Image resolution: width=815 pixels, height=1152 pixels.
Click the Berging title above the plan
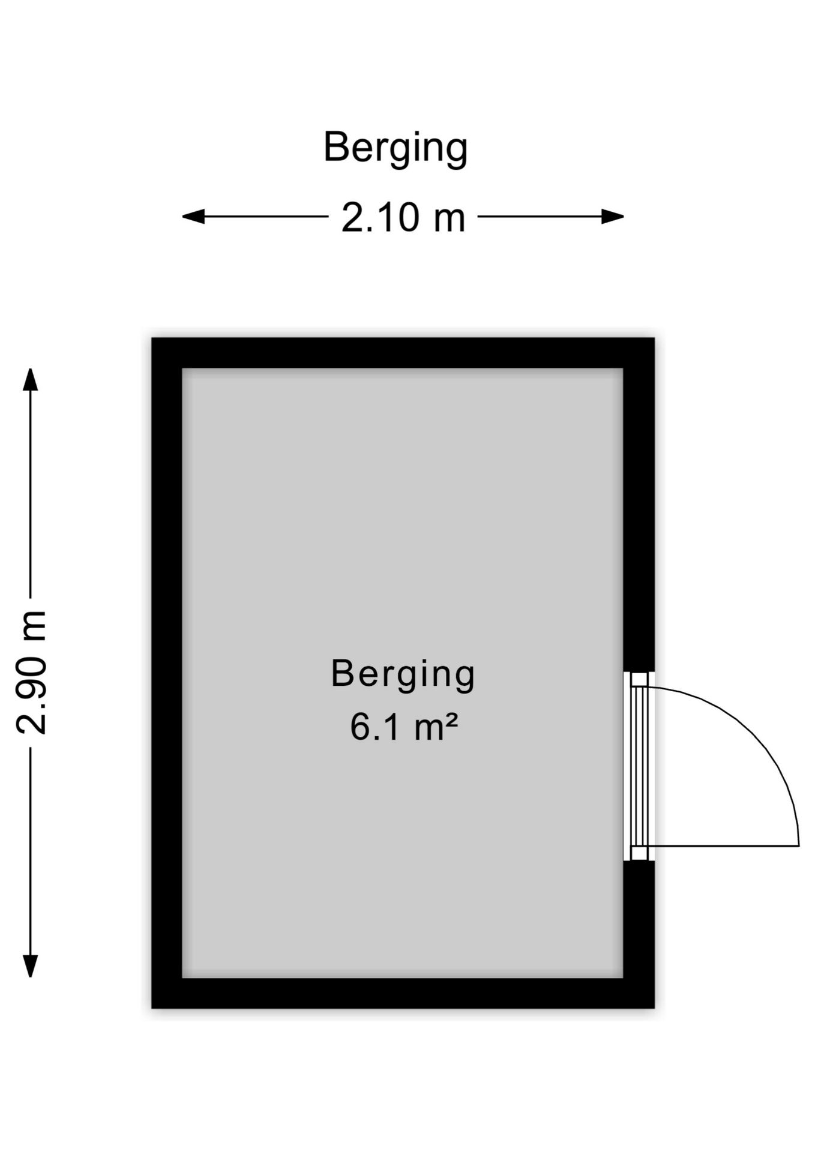pyautogui.click(x=395, y=148)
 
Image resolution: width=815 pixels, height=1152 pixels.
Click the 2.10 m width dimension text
pyautogui.click(x=403, y=217)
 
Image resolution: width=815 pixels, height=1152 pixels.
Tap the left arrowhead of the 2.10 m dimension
pyautogui.click(x=193, y=217)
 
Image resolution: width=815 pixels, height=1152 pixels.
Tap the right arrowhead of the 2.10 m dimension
pyautogui.click(x=613, y=217)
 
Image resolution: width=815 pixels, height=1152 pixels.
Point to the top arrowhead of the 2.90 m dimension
pyautogui.click(x=30, y=379)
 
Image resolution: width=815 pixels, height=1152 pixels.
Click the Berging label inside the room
pyautogui.click(x=403, y=675)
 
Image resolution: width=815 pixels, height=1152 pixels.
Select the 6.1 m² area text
pyautogui.click(x=404, y=727)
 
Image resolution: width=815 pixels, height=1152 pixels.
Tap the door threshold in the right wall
pyautogui.click(x=639, y=766)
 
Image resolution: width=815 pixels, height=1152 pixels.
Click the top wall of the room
pyautogui.click(x=403, y=353)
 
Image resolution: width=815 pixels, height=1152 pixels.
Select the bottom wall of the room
pyautogui.click(x=403, y=993)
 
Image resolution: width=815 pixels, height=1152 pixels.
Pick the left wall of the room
pyautogui.click(x=167, y=673)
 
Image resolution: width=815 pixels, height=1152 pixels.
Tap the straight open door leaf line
pyautogui.click(x=723, y=846)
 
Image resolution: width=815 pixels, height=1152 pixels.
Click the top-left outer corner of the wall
pyautogui.click(x=152, y=338)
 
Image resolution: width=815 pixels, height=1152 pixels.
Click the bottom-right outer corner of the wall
pyautogui.click(x=654, y=1008)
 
